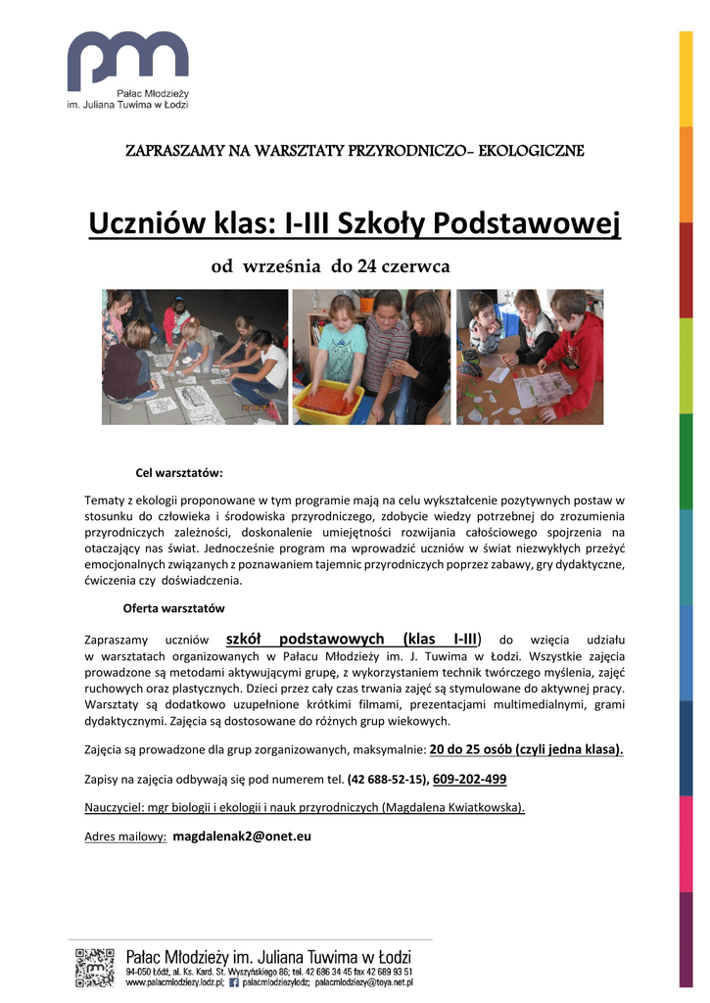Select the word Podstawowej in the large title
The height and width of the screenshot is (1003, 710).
point(528,225)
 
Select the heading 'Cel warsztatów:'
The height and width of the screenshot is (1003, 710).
point(179,473)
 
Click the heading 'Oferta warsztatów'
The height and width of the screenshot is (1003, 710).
point(173,608)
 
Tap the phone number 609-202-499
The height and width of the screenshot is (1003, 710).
point(469,780)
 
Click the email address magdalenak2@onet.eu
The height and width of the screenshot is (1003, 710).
point(242,836)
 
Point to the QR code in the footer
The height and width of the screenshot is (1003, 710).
point(95,967)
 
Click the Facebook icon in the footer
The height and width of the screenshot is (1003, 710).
point(234,981)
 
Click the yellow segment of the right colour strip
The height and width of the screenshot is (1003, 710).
point(686,78)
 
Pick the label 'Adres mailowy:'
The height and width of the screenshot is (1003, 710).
point(125,837)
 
